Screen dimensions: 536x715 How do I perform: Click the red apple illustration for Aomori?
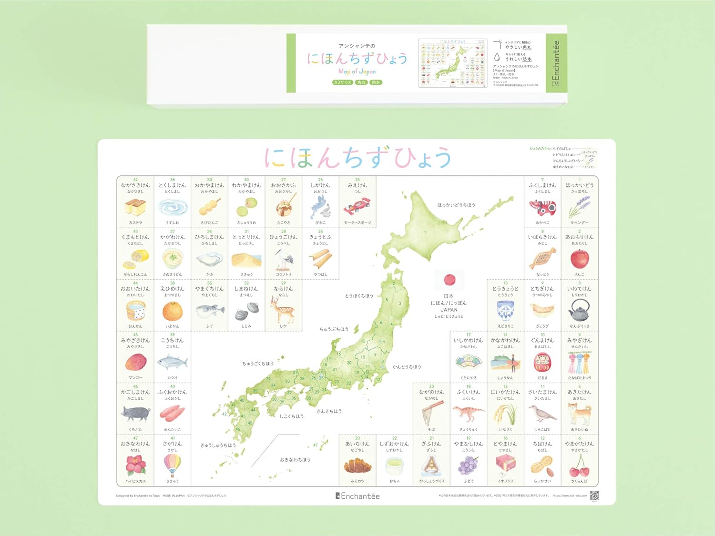point(579,259)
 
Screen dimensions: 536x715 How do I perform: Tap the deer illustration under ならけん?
point(283,310)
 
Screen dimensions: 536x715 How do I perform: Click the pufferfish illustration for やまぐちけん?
point(210,311)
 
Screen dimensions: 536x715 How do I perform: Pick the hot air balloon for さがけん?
point(172,465)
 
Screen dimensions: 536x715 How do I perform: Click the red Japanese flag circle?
point(449,280)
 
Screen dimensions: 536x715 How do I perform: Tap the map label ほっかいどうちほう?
point(456,205)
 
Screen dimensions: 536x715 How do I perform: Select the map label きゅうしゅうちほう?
point(218,445)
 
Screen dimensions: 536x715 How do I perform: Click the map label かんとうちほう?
point(407,367)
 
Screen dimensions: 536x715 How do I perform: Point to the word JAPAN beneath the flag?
point(449,310)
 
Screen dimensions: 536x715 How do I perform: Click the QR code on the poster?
point(594,496)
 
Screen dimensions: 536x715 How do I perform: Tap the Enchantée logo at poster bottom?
point(357,496)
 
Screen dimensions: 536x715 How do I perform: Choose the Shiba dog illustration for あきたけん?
point(580,414)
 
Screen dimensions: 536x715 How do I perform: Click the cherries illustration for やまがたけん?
point(579,466)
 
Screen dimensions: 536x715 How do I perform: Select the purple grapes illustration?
point(468,465)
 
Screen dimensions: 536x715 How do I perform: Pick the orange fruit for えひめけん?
point(172,311)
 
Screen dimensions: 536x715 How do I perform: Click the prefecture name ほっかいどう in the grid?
point(579,185)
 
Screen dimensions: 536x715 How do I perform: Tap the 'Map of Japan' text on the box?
point(357,71)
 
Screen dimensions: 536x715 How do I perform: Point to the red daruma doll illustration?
point(542,363)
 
